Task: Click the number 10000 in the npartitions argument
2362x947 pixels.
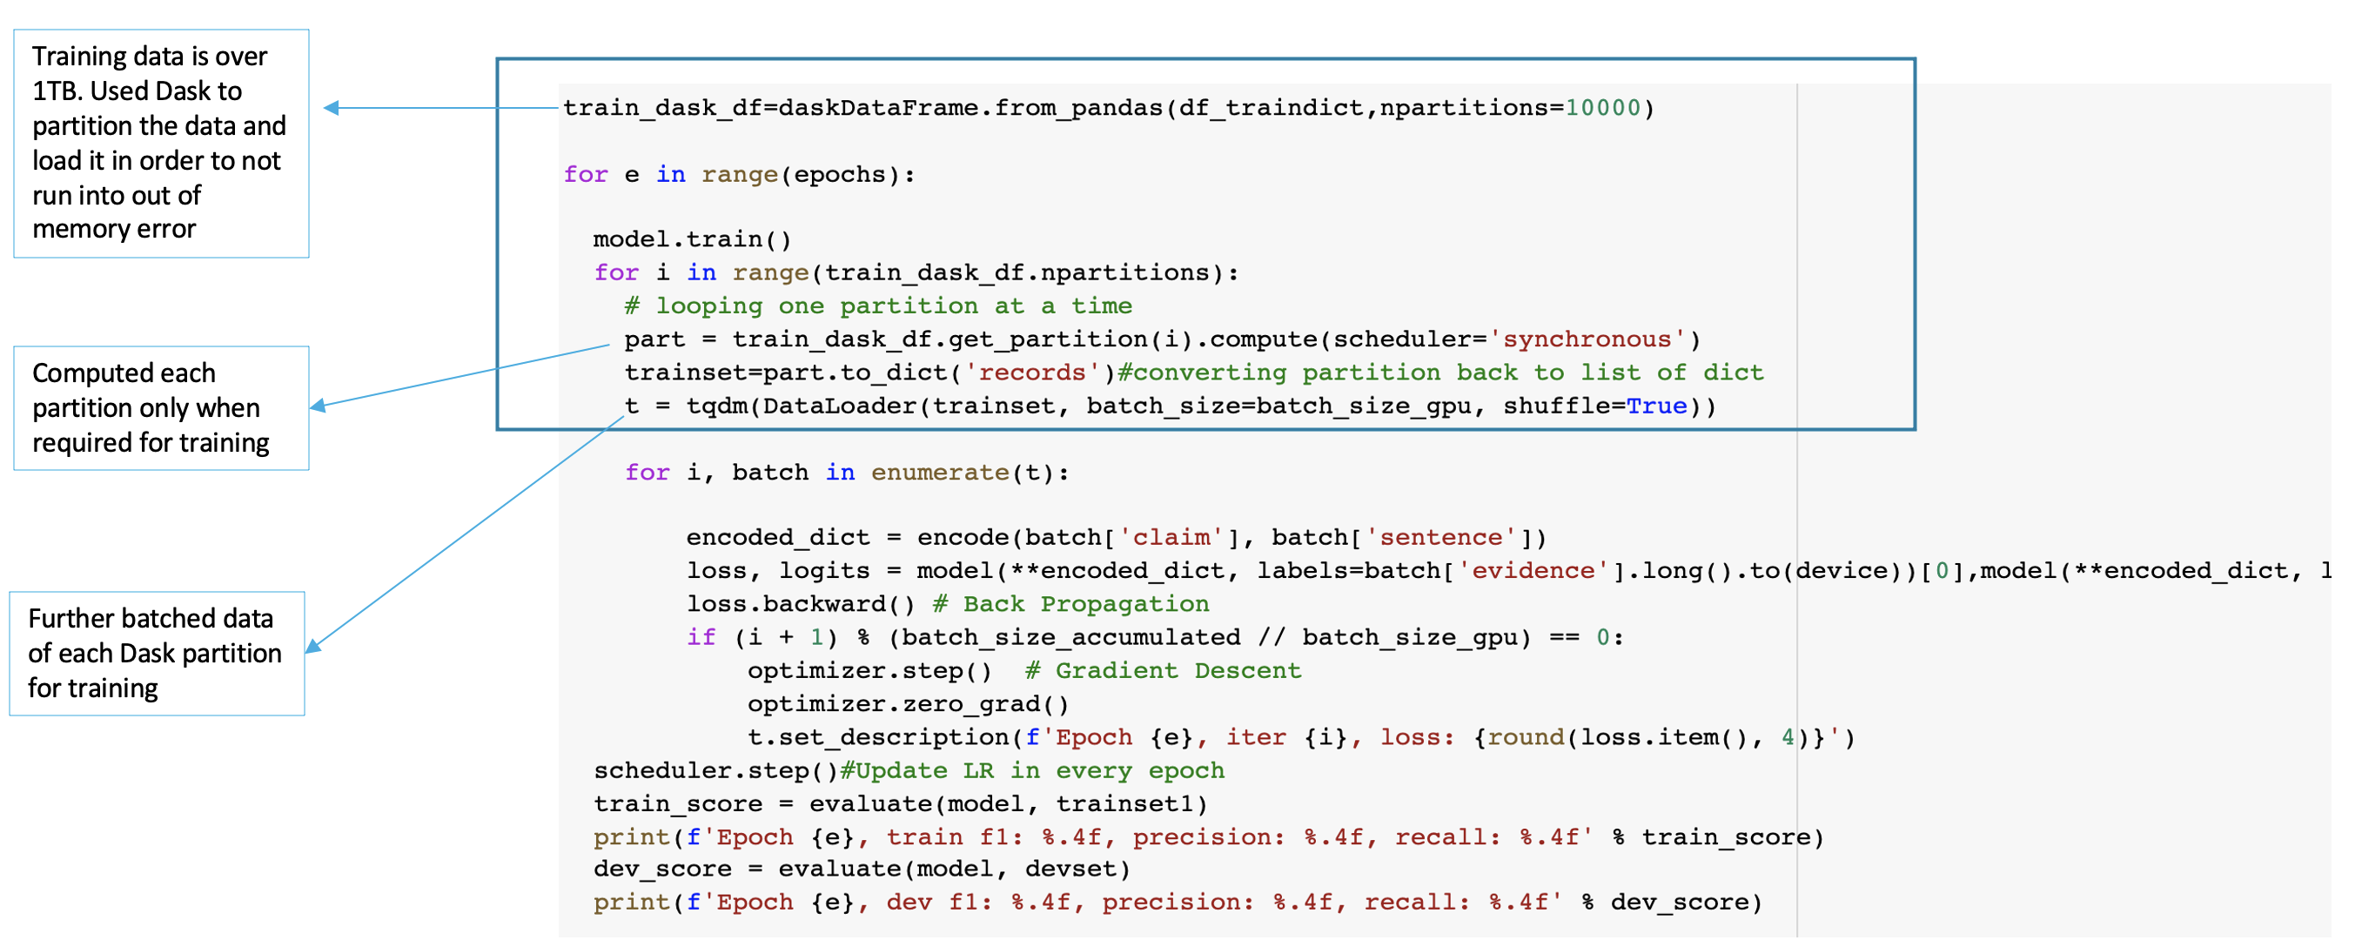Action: point(1602,108)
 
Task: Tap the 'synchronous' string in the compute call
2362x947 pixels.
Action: point(1587,340)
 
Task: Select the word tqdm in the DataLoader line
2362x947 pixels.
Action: point(716,406)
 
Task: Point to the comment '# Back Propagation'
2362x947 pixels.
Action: point(1070,604)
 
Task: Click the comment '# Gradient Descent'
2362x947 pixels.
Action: point(1163,671)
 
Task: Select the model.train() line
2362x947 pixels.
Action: point(691,240)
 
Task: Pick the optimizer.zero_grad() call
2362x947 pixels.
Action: point(908,704)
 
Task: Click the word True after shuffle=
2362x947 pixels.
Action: point(1656,406)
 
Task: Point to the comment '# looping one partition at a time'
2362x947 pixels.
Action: point(877,306)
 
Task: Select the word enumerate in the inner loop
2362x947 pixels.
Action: point(939,473)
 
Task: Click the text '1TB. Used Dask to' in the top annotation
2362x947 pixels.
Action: point(137,91)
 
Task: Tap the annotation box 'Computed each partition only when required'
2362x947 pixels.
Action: point(160,408)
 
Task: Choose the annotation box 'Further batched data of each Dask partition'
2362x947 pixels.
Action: point(156,654)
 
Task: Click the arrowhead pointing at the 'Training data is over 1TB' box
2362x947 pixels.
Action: point(331,108)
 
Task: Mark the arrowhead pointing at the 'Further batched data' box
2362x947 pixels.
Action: point(312,648)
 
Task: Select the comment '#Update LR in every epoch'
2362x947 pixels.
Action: point(1031,771)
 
